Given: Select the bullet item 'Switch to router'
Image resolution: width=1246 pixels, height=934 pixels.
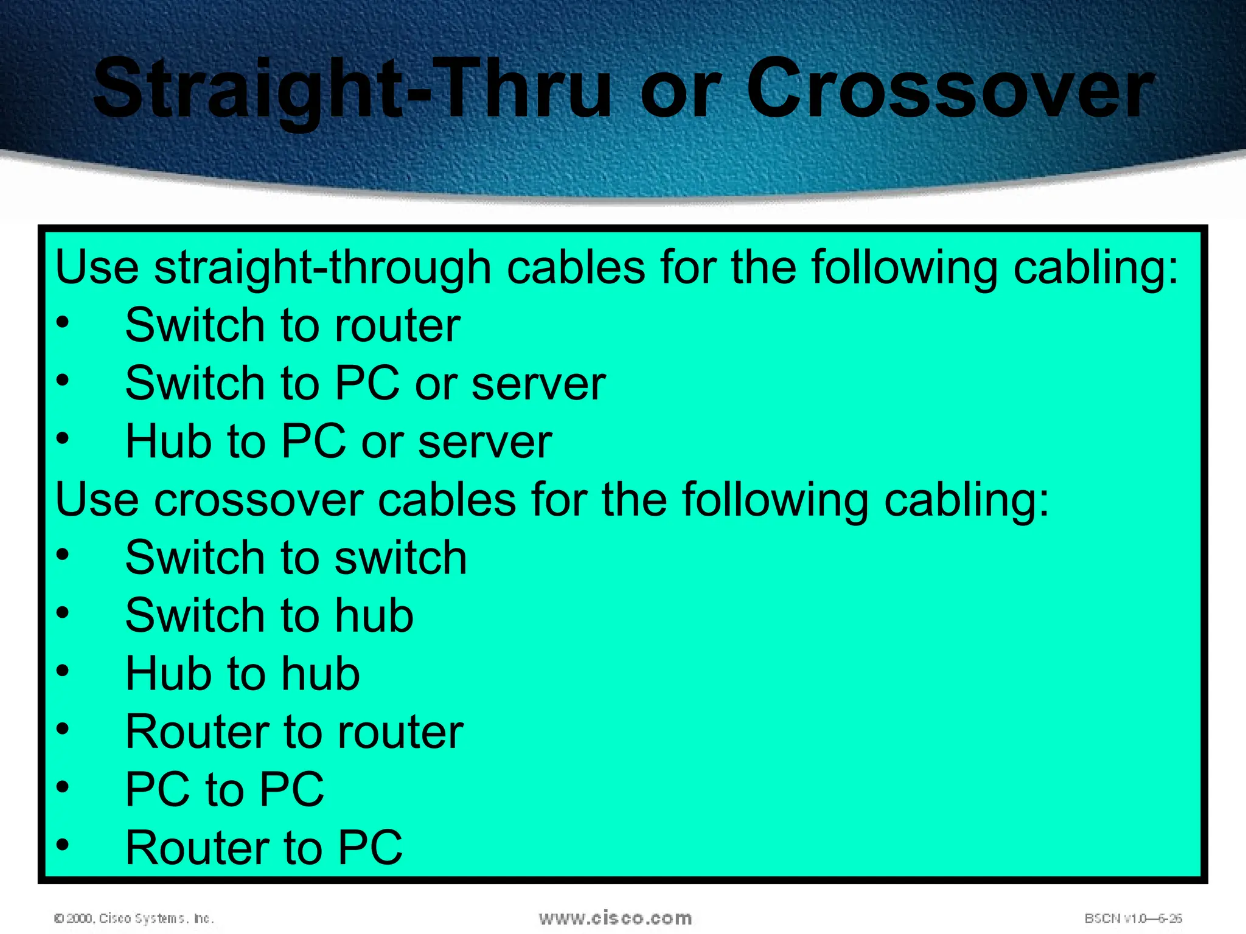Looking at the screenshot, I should [x=293, y=325].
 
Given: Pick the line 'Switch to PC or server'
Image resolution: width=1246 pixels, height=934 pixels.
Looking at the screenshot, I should [x=365, y=384].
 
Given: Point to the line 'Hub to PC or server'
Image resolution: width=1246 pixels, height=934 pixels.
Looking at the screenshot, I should [x=338, y=441].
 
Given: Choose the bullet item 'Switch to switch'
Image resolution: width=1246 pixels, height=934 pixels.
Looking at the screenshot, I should [x=296, y=558].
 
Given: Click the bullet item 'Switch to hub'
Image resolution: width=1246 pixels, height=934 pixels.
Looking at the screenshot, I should [x=269, y=615].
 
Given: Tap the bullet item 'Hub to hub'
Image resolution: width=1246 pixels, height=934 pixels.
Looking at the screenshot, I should [x=242, y=674].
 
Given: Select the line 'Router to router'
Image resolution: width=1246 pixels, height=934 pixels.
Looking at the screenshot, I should [x=294, y=732].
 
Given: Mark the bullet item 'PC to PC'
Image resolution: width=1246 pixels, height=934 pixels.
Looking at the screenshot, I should [x=224, y=789].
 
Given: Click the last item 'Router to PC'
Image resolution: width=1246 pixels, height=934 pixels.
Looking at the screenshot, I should [x=263, y=848].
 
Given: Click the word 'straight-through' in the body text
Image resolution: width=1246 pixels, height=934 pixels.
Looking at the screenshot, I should [x=322, y=268].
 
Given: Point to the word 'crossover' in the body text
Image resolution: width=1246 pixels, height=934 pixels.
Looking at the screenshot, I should [x=258, y=500].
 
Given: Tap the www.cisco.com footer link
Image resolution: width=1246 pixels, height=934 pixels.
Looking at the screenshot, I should [x=615, y=918].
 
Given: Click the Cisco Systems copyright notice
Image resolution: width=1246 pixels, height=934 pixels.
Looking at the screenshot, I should [x=134, y=918].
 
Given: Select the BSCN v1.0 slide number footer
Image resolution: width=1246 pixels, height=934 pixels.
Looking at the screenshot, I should [x=1133, y=918].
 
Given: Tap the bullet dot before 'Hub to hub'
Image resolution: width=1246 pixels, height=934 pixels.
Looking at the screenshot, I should [x=63, y=671].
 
